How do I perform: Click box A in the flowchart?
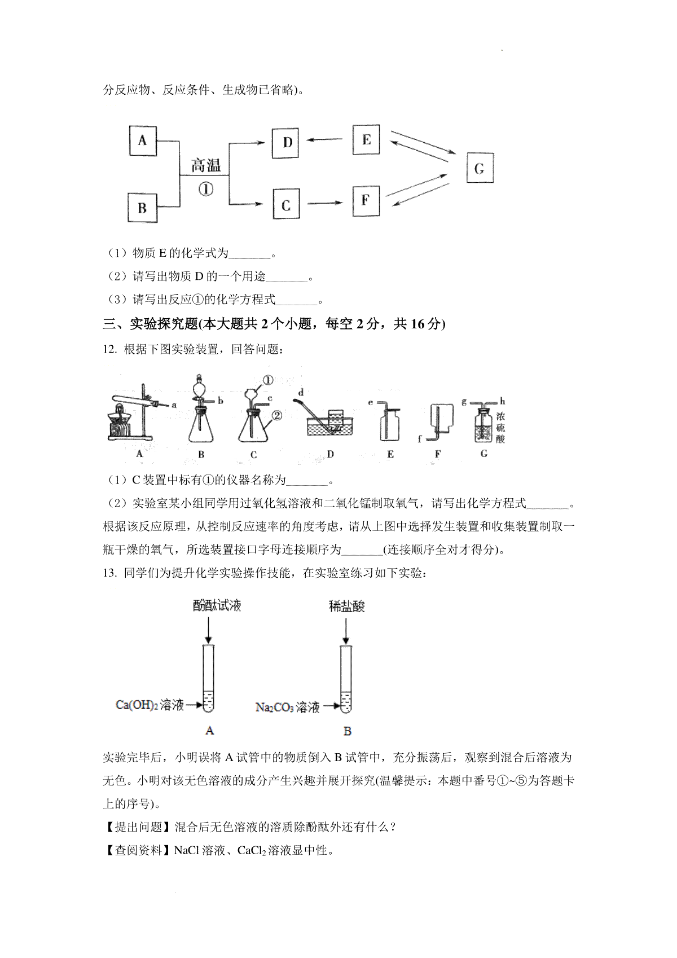click(142, 140)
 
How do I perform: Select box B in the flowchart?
click(142, 208)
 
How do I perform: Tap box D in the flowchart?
click(287, 142)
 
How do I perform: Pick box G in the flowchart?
click(479, 168)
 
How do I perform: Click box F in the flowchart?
click(366, 200)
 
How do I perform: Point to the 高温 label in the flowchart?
click(205, 166)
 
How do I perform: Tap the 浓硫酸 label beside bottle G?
click(501, 428)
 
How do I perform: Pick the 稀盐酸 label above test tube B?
click(347, 606)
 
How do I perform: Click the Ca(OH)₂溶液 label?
click(150, 705)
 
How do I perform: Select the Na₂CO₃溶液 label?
click(288, 707)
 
